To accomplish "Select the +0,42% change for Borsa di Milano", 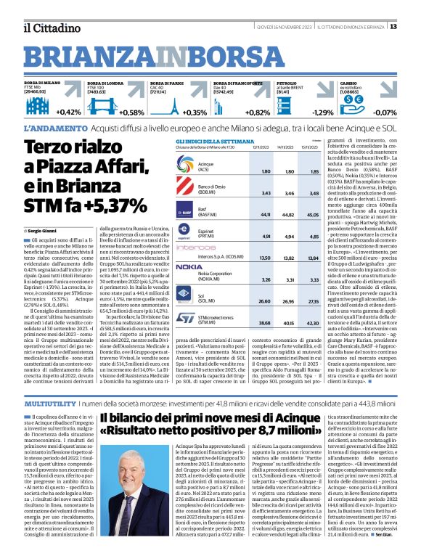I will point(68,113).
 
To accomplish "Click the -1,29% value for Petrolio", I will point(322,113).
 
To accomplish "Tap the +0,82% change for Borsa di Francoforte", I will point(258,113).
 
